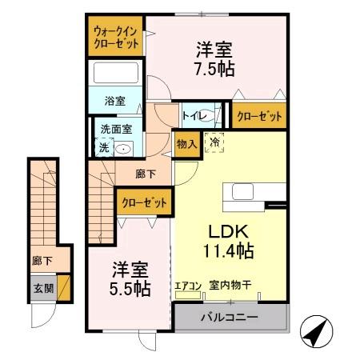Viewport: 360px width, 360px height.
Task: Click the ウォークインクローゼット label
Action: (x=116, y=37)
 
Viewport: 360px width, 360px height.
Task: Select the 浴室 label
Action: (x=115, y=101)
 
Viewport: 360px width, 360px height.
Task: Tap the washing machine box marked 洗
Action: (x=102, y=147)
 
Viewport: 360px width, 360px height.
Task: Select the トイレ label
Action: (x=193, y=116)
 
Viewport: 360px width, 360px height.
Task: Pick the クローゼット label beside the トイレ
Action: (x=259, y=117)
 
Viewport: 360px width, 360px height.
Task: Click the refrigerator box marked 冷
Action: (x=214, y=143)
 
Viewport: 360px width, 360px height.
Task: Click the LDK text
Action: (x=226, y=233)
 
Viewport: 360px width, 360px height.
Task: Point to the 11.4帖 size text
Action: (x=227, y=251)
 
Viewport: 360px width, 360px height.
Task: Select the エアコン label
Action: (x=187, y=284)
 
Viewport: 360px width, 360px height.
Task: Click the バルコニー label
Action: (x=229, y=318)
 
